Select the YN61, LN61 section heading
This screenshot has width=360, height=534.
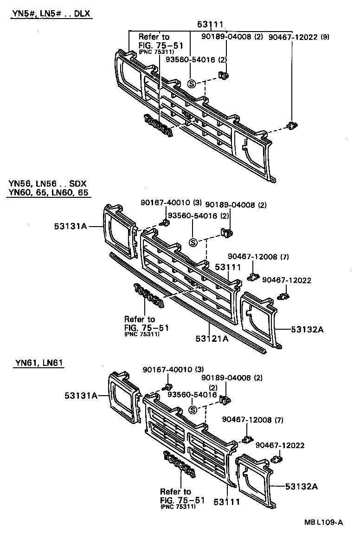(39, 362)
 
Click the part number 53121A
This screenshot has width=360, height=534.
(212, 339)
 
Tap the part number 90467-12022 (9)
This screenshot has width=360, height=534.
(299, 37)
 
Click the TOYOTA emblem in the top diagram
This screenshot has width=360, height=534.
(158, 126)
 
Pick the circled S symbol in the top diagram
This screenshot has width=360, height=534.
(192, 84)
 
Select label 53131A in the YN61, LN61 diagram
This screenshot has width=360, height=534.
(81, 396)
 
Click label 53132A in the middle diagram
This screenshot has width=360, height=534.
(307, 329)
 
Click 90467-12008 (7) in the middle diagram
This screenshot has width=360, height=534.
(258, 257)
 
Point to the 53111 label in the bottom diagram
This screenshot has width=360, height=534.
(227, 501)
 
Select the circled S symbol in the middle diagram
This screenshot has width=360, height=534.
(193, 242)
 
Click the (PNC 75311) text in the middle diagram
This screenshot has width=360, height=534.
(142, 334)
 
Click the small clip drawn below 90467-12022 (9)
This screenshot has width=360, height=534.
(291, 125)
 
